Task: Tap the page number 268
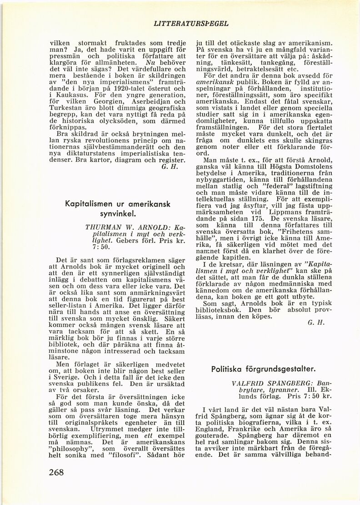pos(60,472)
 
